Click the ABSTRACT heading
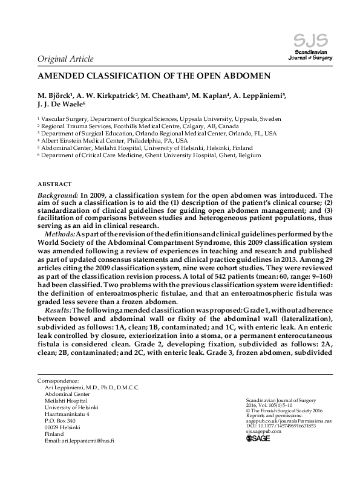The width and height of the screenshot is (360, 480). pyautogui.click(x=55, y=184)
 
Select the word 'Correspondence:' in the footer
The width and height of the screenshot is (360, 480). pyautogui.click(x=59, y=381)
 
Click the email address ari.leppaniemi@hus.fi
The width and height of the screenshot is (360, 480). pyautogui.click(x=79, y=441)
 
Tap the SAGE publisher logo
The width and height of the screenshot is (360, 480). pyautogui.click(x=258, y=438)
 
